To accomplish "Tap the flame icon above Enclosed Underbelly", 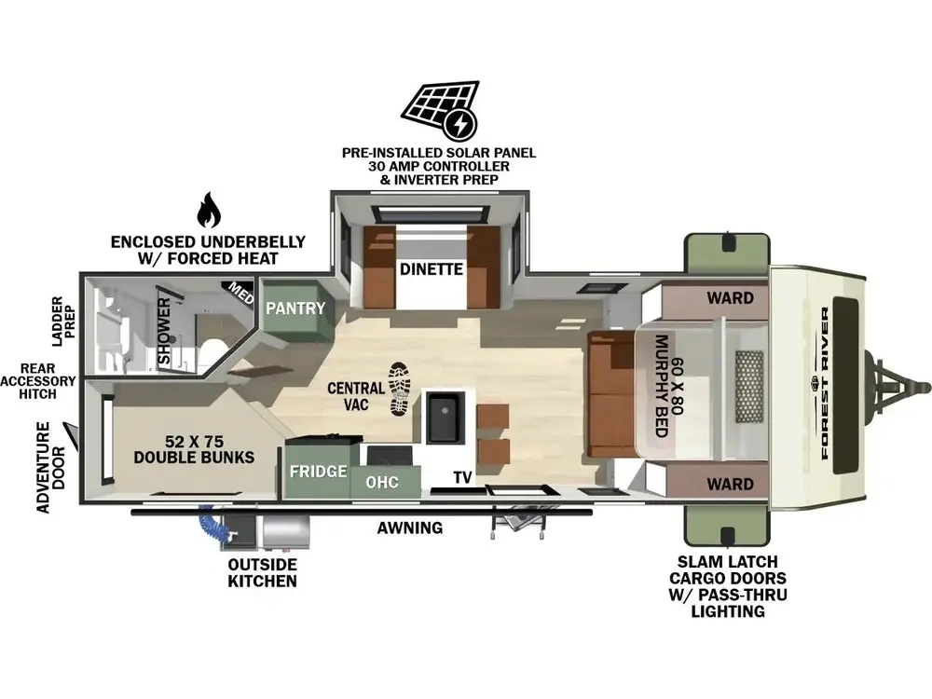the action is coord(209,211).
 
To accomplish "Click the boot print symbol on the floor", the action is coord(400,389).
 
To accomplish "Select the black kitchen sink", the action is coord(441,417).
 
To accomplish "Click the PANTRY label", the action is coord(295,308).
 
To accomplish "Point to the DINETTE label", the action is coord(431,269).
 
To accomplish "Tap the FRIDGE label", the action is coord(318,472).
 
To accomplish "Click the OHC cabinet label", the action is coord(381,482).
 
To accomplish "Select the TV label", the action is coord(462,477).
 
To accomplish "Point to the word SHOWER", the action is coord(164,331).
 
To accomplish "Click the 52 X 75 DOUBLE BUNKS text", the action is coord(194,449).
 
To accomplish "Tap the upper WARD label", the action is coord(730,298).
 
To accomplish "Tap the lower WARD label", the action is coord(730,484).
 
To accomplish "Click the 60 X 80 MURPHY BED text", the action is coord(669,386).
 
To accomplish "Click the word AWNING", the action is coord(409,528).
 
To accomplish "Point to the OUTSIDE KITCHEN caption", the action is coord(262,572).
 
